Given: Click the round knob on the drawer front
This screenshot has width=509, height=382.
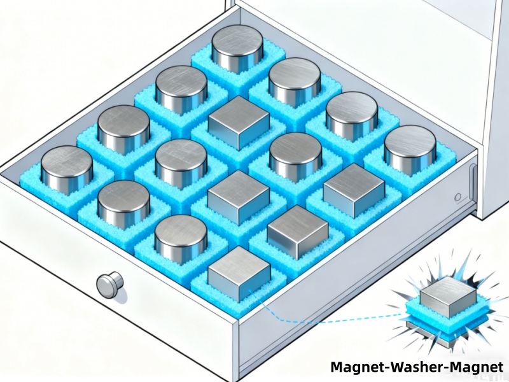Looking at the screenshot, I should pos(109,283).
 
